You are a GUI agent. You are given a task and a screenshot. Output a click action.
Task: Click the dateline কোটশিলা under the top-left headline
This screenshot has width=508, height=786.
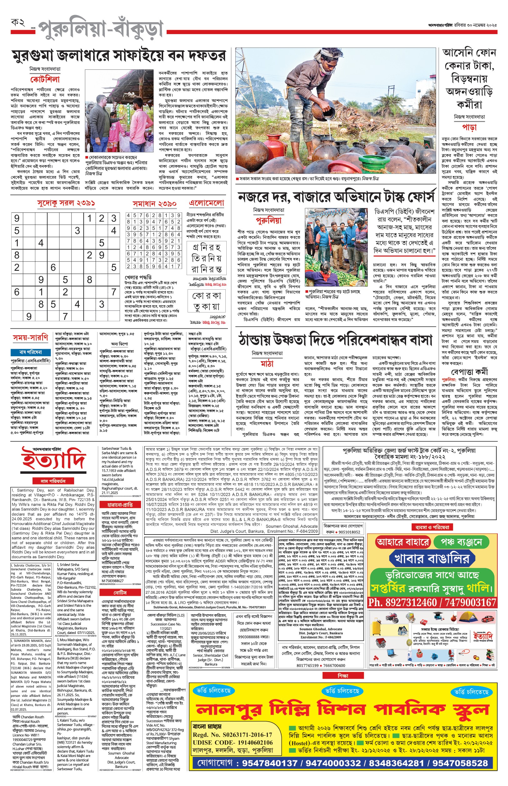tap(45, 79)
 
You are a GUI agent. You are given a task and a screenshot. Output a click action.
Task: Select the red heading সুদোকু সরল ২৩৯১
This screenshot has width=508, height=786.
tap(66, 203)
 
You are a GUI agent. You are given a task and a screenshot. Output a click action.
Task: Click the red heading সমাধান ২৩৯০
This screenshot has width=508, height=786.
tap(154, 204)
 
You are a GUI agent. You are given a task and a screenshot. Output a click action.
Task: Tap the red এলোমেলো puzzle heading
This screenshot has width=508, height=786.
tap(206, 203)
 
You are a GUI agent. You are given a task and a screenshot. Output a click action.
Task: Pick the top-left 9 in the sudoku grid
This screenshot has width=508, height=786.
tap(17, 218)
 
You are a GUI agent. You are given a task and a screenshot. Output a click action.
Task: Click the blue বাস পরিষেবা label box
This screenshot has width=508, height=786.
tap(31, 352)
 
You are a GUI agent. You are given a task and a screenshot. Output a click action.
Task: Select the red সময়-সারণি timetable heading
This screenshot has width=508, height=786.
tap(30, 337)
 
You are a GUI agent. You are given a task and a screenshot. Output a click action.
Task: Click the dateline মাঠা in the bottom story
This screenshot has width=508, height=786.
tap(267, 364)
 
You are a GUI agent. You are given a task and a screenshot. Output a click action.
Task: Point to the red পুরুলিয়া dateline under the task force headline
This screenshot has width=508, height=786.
tap(269, 221)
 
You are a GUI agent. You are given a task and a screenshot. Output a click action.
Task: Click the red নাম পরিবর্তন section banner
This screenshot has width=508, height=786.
tap(53, 481)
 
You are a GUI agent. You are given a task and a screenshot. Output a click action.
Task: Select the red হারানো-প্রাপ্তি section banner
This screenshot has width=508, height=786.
tap(120, 505)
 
